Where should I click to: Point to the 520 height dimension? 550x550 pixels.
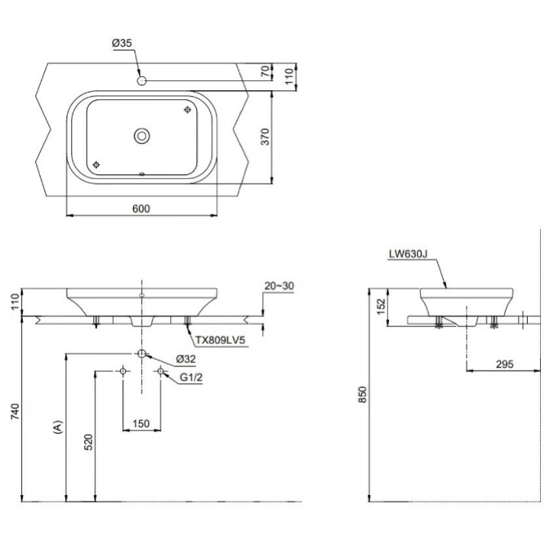pyautogui.click(x=88, y=442)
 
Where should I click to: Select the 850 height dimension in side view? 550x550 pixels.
pyautogui.click(x=364, y=394)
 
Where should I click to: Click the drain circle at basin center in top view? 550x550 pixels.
pyautogui.click(x=142, y=136)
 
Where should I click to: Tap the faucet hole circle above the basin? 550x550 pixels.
pyautogui.click(x=142, y=80)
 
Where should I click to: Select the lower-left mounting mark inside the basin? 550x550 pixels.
pyautogui.click(x=96, y=164)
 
